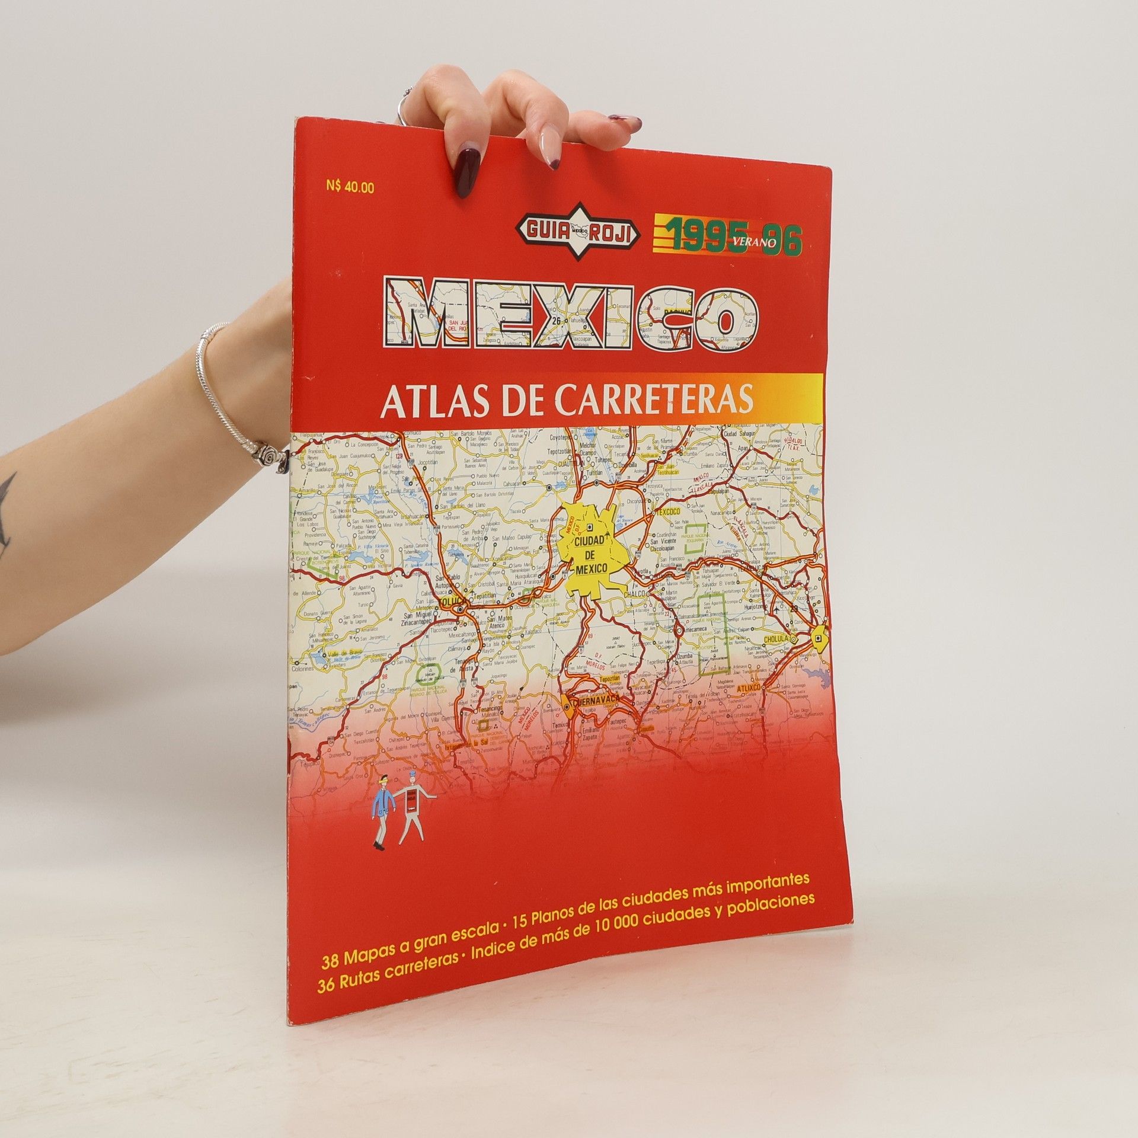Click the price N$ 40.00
pos(350,187)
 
